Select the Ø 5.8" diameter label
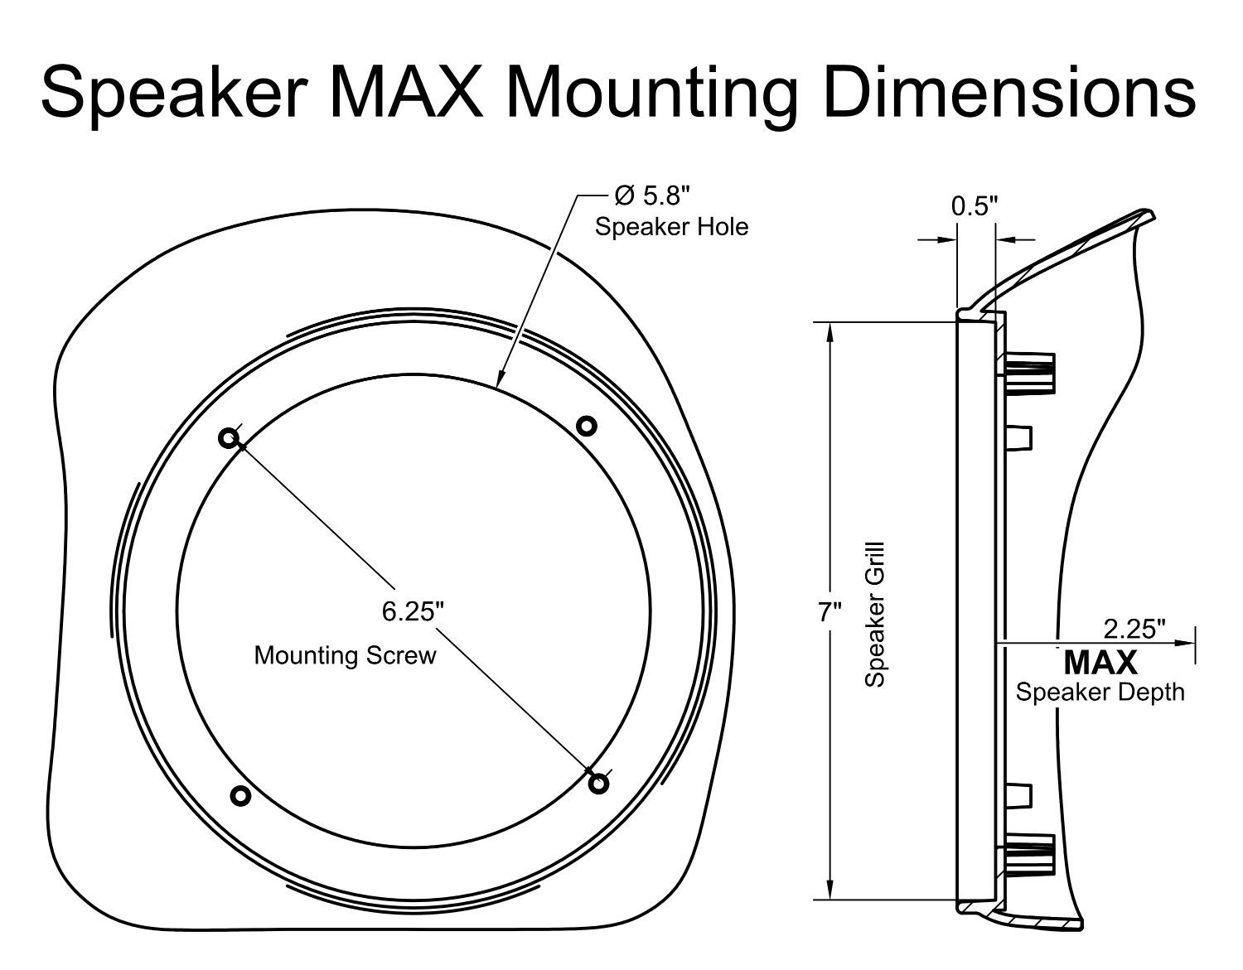[651, 196]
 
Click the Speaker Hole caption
[671, 227]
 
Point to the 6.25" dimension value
[413, 611]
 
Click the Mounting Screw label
[345, 655]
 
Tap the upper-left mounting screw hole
[230, 438]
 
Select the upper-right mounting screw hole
[586, 426]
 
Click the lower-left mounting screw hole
[240, 796]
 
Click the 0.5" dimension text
[975, 206]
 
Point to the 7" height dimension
[829, 613]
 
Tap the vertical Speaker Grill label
[875, 614]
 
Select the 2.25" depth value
[1134, 630]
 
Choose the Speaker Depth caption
[1100, 692]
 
